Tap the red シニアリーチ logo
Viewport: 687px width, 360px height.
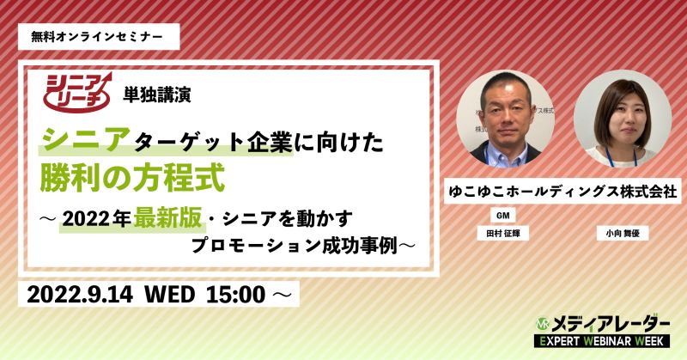click(77, 92)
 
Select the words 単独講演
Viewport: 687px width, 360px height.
click(157, 95)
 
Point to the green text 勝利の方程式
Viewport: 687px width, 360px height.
click(132, 177)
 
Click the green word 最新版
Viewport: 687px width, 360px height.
click(167, 218)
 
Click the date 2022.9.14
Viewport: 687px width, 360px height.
click(80, 294)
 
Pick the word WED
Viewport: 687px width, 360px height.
click(169, 294)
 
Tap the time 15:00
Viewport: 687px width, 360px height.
click(235, 294)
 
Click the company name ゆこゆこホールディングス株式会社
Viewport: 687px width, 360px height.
click(563, 192)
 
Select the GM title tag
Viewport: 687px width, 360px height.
click(502, 216)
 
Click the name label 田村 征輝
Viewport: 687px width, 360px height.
click(503, 234)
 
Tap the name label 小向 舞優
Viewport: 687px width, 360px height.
click(623, 234)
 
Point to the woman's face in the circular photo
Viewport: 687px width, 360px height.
click(623, 119)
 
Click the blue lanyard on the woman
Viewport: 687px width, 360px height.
click(622, 157)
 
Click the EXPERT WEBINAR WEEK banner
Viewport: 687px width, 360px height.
click(602, 341)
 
